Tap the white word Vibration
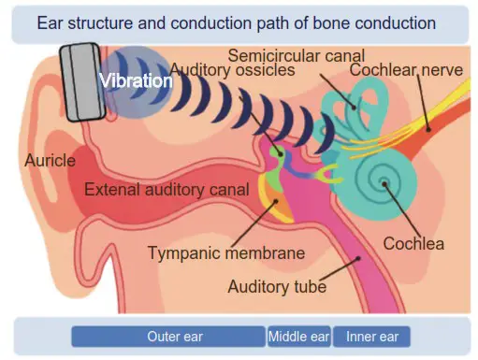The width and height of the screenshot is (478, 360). point(137,81)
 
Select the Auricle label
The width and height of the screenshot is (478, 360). point(50,161)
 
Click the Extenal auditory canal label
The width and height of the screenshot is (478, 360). point(167,190)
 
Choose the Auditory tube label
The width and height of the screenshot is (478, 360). point(277,286)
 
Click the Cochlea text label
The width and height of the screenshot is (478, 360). point(413,244)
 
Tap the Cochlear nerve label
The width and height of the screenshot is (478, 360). point(404,71)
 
